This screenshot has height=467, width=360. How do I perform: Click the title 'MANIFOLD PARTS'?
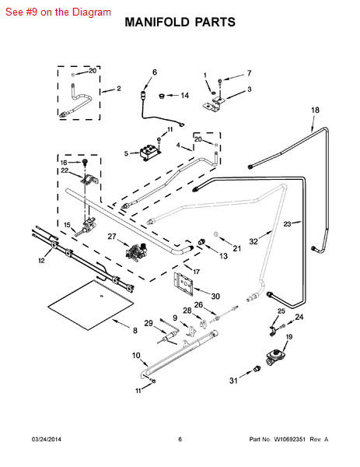pyautogui.click(x=180, y=23)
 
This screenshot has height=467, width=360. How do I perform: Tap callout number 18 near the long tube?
pyautogui.click(x=315, y=111)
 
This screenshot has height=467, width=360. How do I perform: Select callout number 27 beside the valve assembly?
pyautogui.click(x=112, y=236)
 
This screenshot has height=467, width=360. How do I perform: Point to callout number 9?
pyautogui.click(x=175, y=318)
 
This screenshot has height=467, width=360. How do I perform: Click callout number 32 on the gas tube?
pyautogui.click(x=253, y=241)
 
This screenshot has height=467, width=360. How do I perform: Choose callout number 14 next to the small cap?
pyautogui.click(x=184, y=96)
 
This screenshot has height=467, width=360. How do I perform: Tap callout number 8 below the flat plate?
pyautogui.click(x=134, y=331)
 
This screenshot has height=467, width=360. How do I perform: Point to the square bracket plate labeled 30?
pyautogui.click(x=184, y=282)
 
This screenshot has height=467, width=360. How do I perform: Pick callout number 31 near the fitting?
pyautogui.click(x=232, y=381)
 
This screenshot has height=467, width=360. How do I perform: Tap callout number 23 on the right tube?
pyautogui.click(x=287, y=224)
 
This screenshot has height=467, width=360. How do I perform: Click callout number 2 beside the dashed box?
pyautogui.click(x=119, y=89)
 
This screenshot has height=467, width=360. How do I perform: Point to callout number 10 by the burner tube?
pyautogui.click(x=136, y=356)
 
